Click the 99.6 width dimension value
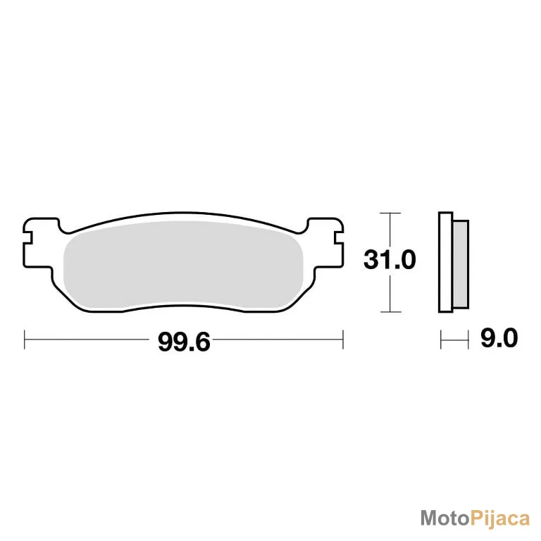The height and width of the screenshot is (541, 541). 184,342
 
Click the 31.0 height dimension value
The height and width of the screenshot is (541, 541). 390,260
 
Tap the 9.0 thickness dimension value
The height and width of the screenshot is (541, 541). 499,338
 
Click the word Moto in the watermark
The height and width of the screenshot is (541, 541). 445,518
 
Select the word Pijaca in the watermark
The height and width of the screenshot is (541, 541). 500,519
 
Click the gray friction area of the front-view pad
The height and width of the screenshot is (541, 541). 183,265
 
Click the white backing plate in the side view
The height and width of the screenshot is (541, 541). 445,262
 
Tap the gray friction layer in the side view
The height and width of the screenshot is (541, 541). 461,264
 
